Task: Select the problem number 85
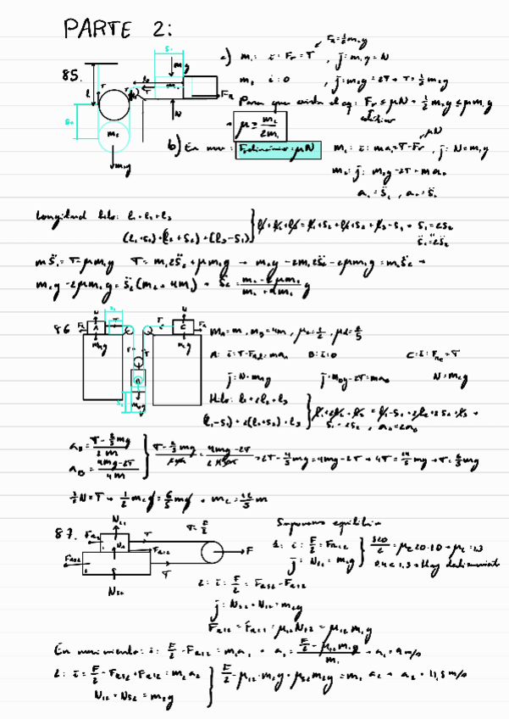pyautogui.click(x=71, y=76)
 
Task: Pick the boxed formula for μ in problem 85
pyautogui.click(x=267, y=125)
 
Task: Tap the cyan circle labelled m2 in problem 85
pyautogui.click(x=112, y=135)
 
